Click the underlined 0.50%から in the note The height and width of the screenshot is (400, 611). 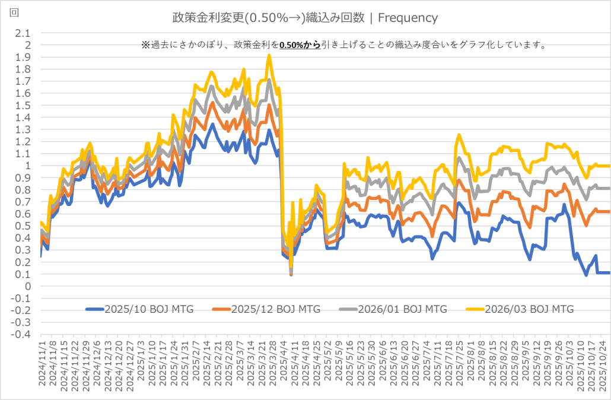pyautogui.click(x=300, y=45)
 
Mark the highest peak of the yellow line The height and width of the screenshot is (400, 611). pyautogui.click(x=269, y=55)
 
